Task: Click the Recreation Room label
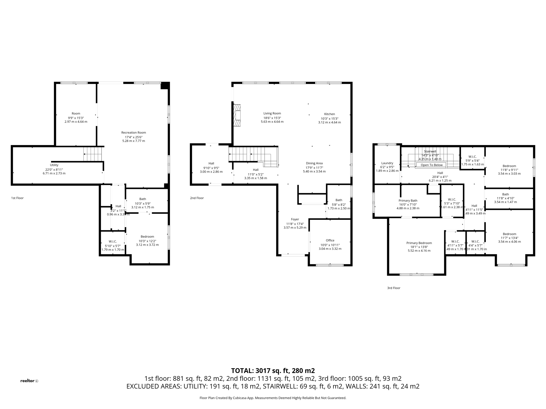pyautogui.click(x=134, y=133)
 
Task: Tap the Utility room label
pyautogui.click(x=54, y=165)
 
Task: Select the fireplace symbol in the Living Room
pyautogui.click(x=237, y=115)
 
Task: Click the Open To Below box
pyautogui.click(x=431, y=165)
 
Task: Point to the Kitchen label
pyautogui.click(x=330, y=114)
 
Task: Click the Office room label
pyautogui.click(x=330, y=240)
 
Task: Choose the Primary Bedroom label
pyautogui.click(x=419, y=243)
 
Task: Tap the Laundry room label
pyautogui.click(x=387, y=163)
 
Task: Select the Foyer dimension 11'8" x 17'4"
pyautogui.click(x=295, y=224)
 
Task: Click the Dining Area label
pyautogui.click(x=314, y=163)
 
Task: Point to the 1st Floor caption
pyautogui.click(x=17, y=198)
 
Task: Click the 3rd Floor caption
pyautogui.click(x=394, y=288)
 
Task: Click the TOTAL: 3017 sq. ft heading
pyautogui.click(x=273, y=371)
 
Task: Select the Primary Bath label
pyautogui.click(x=408, y=201)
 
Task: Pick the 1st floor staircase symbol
pyautogui.click(x=93, y=154)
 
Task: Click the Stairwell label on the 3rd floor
pyautogui.click(x=430, y=151)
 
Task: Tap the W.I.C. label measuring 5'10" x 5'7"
pyautogui.click(x=113, y=242)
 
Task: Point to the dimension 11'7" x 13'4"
pyautogui.click(x=509, y=238)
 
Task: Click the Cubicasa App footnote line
pyautogui.click(x=273, y=398)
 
